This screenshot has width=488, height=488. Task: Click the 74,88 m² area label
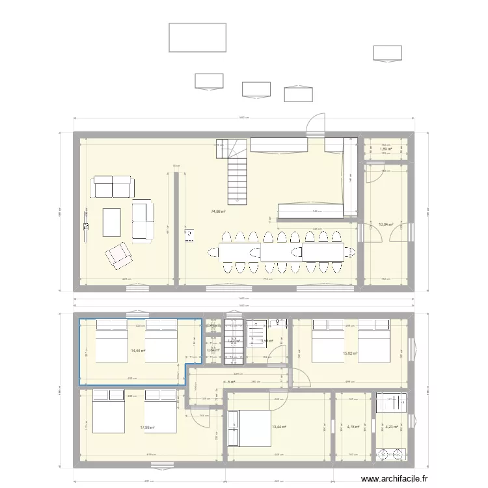[218, 211]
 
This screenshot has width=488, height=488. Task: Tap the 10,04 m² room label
[386, 226]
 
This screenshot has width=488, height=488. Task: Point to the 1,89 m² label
[386, 149]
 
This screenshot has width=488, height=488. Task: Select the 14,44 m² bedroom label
[138, 351]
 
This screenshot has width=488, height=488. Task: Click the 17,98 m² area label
[147, 427]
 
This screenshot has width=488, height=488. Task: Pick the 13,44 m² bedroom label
[278, 427]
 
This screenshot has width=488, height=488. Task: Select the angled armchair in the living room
[118, 255]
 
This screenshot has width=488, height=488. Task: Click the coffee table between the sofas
[111, 221]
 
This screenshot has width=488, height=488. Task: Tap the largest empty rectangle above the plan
[198, 37]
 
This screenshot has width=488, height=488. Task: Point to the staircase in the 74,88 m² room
[237, 173]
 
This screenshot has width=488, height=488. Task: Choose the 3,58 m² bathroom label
[265, 340]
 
